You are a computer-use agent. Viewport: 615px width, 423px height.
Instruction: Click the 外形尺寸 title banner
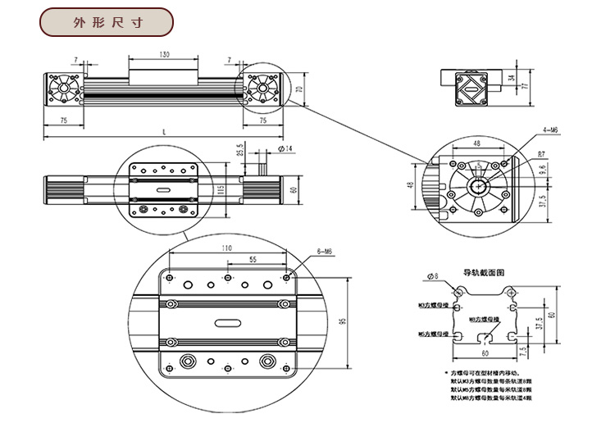(107, 22)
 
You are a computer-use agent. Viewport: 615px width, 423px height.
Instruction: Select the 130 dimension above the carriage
(165, 54)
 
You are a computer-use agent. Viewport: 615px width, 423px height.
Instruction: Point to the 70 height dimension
(299, 88)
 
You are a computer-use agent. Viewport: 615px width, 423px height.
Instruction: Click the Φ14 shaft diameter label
(286, 148)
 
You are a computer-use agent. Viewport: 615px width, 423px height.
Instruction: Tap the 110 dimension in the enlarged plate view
(226, 248)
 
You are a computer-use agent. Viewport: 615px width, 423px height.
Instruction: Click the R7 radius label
(542, 153)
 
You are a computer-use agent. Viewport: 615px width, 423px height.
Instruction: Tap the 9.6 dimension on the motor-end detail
(542, 171)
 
